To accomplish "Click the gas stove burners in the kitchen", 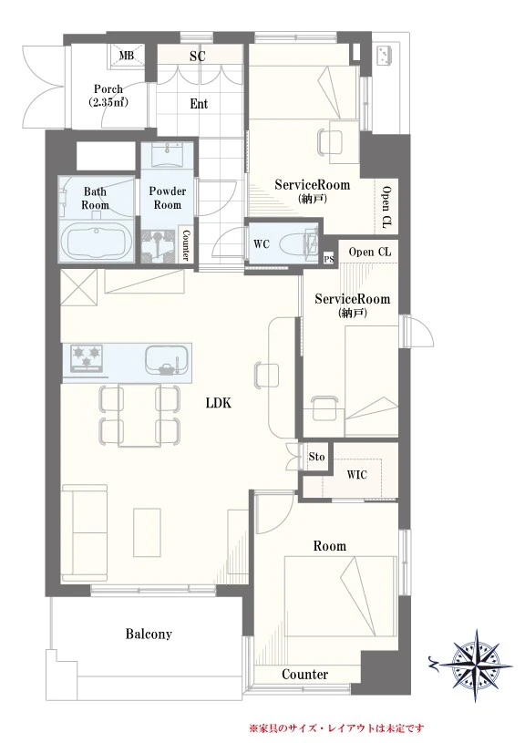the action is (87, 356).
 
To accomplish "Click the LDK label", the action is (219, 403).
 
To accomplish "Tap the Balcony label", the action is (149, 634).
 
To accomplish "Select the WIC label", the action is (356, 474).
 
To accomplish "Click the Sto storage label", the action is (316, 457).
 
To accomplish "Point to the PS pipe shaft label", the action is (329, 259).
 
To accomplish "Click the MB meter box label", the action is (126, 56).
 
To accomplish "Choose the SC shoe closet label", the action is (197, 56).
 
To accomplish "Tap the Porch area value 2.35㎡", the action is (109, 102).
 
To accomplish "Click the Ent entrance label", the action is (199, 104).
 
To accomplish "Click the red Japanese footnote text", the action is (336, 728).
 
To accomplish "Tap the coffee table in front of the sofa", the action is (148, 532).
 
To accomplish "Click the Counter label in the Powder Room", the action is (186, 245).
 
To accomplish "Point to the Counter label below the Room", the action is (304, 675).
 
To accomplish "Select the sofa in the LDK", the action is (85, 532).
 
